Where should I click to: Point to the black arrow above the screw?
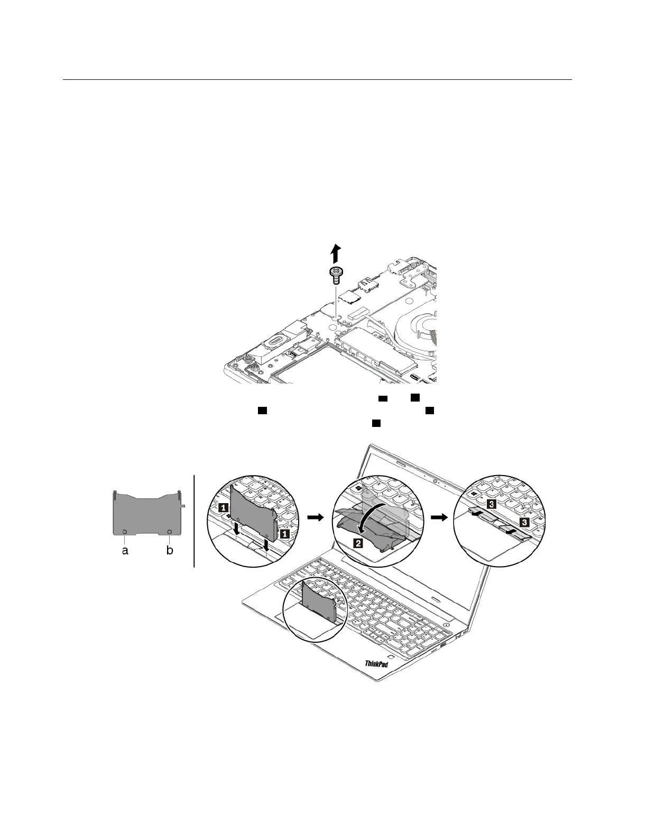tap(335, 253)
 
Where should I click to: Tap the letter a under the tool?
tap(125, 551)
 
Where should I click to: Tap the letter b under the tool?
tap(170, 551)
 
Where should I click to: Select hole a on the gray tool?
tap(125, 532)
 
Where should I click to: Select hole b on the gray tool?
tap(170, 532)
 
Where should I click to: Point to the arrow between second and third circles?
tap(438, 519)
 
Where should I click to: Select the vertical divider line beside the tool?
tap(195, 521)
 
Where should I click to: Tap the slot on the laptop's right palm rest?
tap(435, 598)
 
